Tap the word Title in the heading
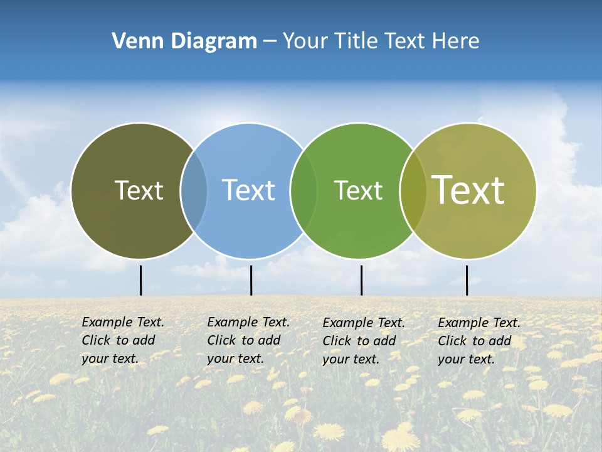point(357,41)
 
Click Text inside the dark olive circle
point(139,190)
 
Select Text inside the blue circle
point(249,190)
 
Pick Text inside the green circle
point(358,190)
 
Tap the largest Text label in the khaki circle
point(468,190)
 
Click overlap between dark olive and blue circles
point(194,191)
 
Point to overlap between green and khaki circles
point(412,191)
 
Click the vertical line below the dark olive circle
point(140,280)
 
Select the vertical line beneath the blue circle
point(251,280)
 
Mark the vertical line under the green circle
point(361,280)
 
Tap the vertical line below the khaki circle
point(467,280)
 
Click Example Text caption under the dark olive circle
point(123,322)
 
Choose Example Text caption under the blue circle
point(248,322)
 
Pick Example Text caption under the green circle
point(364,323)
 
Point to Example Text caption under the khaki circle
point(479,323)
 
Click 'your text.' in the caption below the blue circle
point(235,358)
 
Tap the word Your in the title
point(305,41)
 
